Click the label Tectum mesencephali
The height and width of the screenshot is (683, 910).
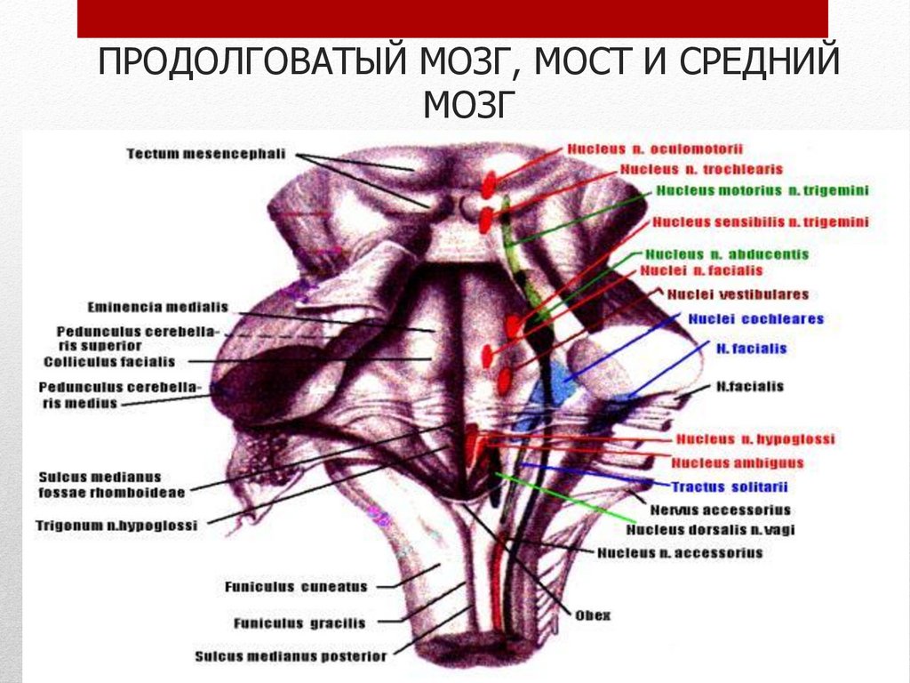[x=205, y=154]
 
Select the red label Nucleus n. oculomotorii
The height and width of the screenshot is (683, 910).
[x=655, y=149]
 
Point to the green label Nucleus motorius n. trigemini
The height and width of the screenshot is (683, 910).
[x=762, y=190]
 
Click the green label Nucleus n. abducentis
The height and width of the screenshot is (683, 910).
[x=727, y=254]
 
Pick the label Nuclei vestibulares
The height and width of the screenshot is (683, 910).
[x=738, y=294]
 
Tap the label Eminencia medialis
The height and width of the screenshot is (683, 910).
[x=157, y=308]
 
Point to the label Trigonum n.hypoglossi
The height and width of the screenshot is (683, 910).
[x=116, y=525]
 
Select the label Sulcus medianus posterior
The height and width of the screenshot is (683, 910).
[x=291, y=656]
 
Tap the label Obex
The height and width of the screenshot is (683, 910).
[x=593, y=615]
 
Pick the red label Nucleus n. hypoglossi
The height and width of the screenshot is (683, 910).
[x=755, y=439]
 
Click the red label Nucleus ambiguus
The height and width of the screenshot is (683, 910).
[x=738, y=462]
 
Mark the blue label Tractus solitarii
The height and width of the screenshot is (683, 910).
[x=729, y=486]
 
